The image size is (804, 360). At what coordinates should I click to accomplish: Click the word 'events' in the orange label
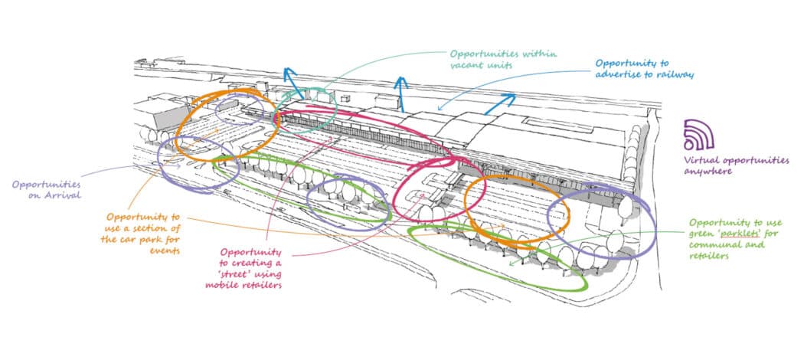(164, 250)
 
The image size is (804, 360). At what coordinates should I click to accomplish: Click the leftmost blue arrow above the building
(293, 77)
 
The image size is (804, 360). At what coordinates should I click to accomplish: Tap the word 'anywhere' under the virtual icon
(708, 172)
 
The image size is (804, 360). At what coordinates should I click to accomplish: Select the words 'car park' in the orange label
(149, 239)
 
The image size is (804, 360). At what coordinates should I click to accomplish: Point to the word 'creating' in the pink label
(245, 263)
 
